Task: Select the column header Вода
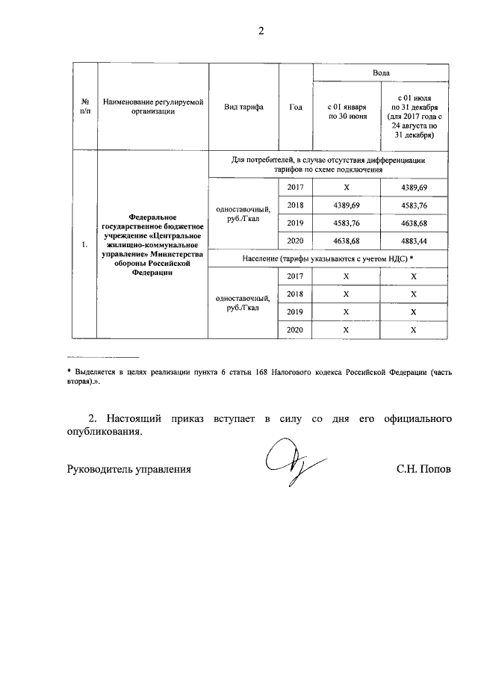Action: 380,73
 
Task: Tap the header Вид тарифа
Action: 243,107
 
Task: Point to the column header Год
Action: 295,107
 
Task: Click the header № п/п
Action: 85,107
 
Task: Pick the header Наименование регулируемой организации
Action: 152,107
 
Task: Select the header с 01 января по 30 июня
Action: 346,111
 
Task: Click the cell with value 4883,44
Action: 415,241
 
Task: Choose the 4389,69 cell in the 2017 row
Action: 415,186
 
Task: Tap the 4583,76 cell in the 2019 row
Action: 346,223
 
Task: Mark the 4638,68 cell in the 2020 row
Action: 346,241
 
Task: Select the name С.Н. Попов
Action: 424,470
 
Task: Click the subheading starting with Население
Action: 328,258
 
